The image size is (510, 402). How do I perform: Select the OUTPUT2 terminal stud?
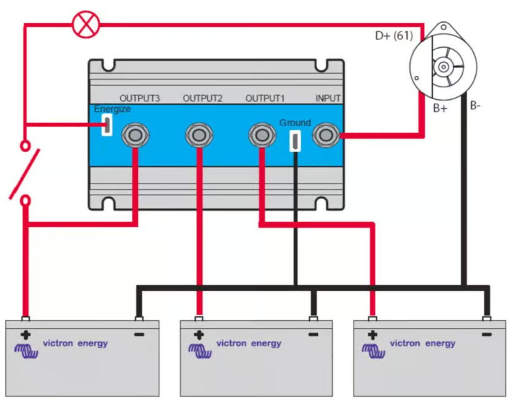pyautogui.click(x=199, y=135)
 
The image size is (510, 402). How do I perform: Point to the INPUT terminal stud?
pyautogui.click(x=327, y=135)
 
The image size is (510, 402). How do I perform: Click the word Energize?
pyautogui.click(x=112, y=109)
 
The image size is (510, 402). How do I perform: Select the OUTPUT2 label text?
pyautogui.click(x=203, y=99)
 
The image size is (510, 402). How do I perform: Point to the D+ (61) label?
pyautogui.click(x=394, y=36)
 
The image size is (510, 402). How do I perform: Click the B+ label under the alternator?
pyautogui.click(x=440, y=109)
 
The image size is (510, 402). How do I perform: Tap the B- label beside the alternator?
pyautogui.click(x=475, y=105)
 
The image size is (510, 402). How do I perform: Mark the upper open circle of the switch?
pyautogui.click(x=26, y=145)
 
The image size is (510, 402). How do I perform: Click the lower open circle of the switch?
pyautogui.click(x=26, y=200)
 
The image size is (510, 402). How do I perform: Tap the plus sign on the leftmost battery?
pyautogui.click(x=26, y=335)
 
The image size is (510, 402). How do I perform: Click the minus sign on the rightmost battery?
pyautogui.click(x=487, y=334)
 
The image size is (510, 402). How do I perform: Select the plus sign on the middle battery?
pyautogui.click(x=199, y=335)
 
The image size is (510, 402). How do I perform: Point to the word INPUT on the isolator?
pyautogui.click(x=328, y=99)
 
